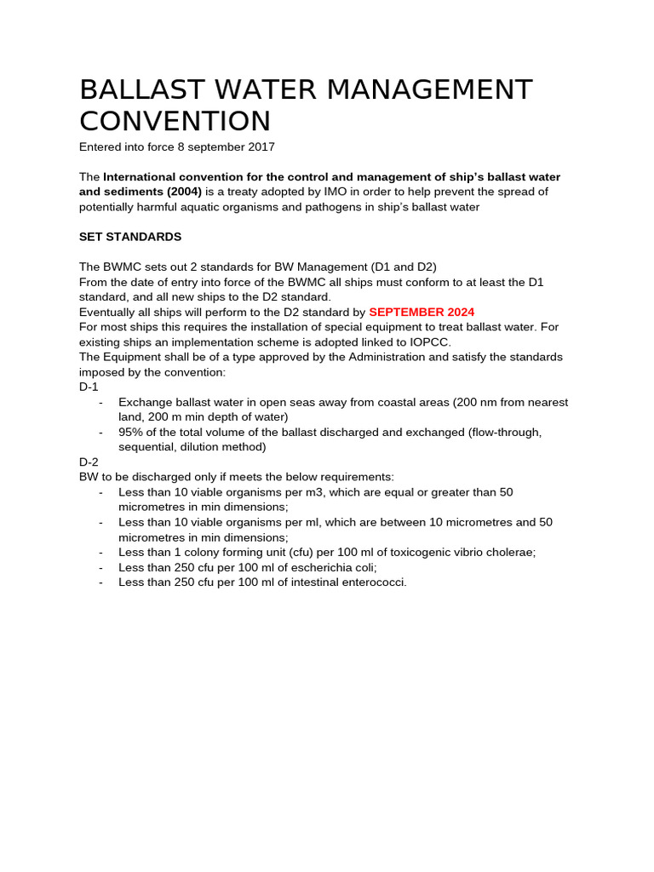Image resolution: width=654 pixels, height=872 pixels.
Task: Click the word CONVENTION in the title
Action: coord(175,121)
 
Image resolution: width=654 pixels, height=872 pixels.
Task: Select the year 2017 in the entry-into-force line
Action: coord(261,147)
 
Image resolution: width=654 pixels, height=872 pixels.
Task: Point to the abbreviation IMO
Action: coord(328,192)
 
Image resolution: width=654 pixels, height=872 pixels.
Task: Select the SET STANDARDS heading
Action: coord(130,237)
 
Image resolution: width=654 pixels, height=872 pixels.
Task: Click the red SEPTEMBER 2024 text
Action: coord(422,313)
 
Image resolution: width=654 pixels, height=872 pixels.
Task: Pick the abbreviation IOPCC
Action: coord(425,342)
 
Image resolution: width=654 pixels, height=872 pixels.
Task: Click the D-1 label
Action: coord(89,387)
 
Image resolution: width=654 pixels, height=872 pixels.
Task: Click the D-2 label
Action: coord(89,462)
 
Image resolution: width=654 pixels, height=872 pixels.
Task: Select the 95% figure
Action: coord(131,432)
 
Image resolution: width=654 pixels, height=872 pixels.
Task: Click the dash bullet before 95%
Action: coord(101,432)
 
